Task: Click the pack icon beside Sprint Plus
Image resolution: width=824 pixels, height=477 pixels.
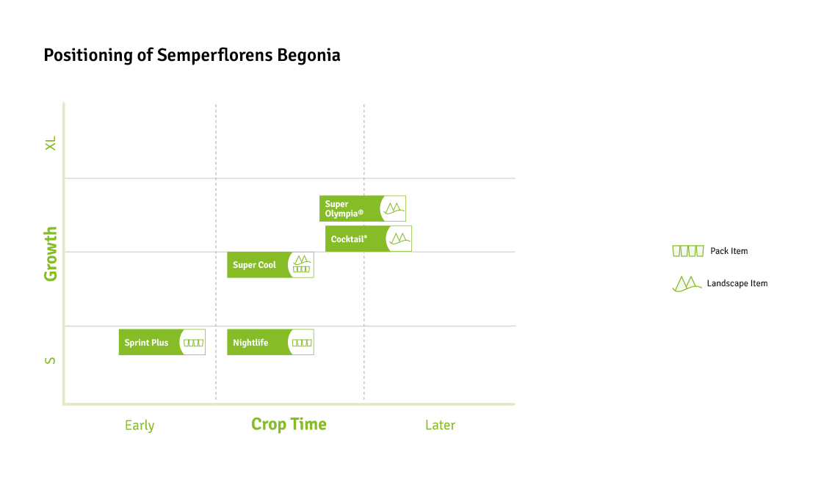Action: pyautogui.click(x=193, y=343)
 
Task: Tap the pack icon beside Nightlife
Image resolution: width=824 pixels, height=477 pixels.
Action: pyautogui.click(x=302, y=343)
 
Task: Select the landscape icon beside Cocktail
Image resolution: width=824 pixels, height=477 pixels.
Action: pyautogui.click(x=400, y=238)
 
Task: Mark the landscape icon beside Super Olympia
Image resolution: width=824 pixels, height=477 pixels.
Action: pyautogui.click(x=394, y=208)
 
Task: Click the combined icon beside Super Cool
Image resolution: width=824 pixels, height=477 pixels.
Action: pyautogui.click(x=302, y=264)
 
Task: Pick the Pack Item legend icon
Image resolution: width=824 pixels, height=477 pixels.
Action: pyautogui.click(x=687, y=251)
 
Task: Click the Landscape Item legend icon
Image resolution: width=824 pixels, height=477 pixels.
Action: pyautogui.click(x=687, y=283)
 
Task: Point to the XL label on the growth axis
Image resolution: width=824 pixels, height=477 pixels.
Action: pyautogui.click(x=51, y=143)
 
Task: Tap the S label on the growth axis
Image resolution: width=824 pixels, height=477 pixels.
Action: pyautogui.click(x=51, y=361)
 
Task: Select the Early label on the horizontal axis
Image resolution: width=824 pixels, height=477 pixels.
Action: pyautogui.click(x=140, y=426)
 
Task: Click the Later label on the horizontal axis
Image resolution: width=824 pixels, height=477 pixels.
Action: pyautogui.click(x=440, y=426)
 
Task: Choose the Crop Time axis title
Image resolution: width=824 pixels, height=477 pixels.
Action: pyautogui.click(x=289, y=424)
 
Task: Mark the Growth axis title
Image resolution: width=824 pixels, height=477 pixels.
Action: pyautogui.click(x=51, y=254)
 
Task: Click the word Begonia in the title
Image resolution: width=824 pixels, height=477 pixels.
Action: pyautogui.click(x=308, y=56)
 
